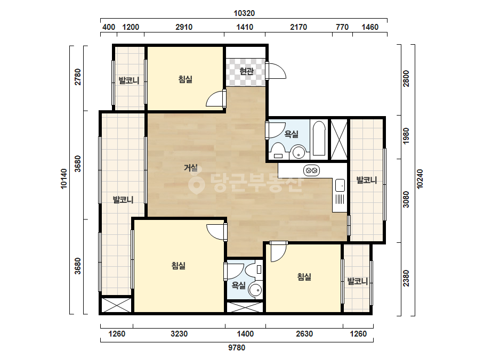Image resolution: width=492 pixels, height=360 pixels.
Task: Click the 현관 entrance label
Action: (x=246, y=71)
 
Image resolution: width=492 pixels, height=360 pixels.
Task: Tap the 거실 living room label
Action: (x=191, y=168)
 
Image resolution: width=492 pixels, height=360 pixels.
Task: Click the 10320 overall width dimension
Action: (x=244, y=13)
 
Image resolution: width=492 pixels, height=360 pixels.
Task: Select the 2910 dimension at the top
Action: (x=184, y=27)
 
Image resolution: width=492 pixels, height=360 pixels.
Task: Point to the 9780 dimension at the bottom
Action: (x=237, y=347)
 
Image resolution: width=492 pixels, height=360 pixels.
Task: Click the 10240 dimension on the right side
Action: (x=420, y=179)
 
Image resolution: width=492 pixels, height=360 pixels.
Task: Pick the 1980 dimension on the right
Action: (x=406, y=136)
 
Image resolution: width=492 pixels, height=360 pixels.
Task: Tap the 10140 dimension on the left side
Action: (x=64, y=179)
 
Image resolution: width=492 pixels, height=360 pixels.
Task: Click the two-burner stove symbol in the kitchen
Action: (x=312, y=170)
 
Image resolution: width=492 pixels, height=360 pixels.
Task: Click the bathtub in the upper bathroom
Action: (x=319, y=138)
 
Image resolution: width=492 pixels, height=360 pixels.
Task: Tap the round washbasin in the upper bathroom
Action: (x=299, y=152)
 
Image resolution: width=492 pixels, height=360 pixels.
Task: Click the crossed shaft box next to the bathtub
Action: (x=339, y=140)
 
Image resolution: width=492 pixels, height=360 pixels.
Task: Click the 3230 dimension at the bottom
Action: (x=179, y=334)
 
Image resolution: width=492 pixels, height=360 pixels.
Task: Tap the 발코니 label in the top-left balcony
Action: (x=129, y=81)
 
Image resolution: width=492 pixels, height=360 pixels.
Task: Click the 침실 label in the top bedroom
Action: (x=185, y=79)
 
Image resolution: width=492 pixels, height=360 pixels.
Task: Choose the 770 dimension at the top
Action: (x=342, y=27)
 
